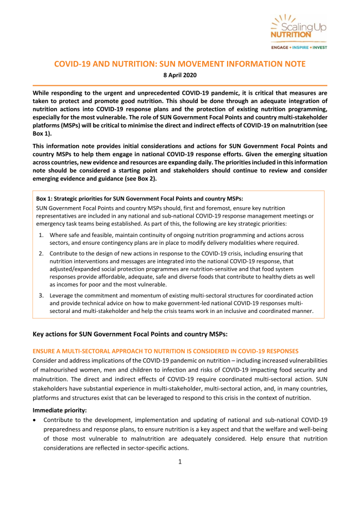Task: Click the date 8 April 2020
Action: pyautogui.click(x=179, y=75)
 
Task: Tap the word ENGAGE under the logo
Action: pyautogui.click(x=280, y=48)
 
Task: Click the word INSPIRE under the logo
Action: pyautogui.click(x=299, y=48)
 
